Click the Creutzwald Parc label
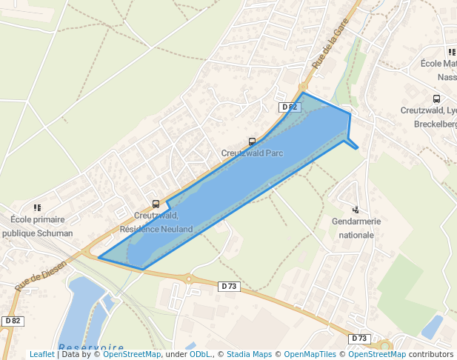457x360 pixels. click(x=252, y=153)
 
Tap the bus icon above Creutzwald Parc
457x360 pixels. click(x=252, y=141)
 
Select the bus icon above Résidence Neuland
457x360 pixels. click(x=156, y=204)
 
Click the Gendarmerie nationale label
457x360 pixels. click(x=356, y=228)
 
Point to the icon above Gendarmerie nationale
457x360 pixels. click(x=356, y=210)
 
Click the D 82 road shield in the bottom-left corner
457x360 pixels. click(x=12, y=321)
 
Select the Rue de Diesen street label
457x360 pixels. click(x=40, y=275)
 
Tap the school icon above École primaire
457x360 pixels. click(x=37, y=208)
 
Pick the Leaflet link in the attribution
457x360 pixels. click(x=41, y=354)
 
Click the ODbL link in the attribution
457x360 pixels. click(x=201, y=354)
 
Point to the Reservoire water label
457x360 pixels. click(x=91, y=347)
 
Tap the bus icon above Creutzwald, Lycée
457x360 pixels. click(x=436, y=99)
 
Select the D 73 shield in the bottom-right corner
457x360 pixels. click(x=359, y=339)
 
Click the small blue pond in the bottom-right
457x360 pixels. click(x=432, y=327)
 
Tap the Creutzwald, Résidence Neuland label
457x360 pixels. click(x=156, y=222)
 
